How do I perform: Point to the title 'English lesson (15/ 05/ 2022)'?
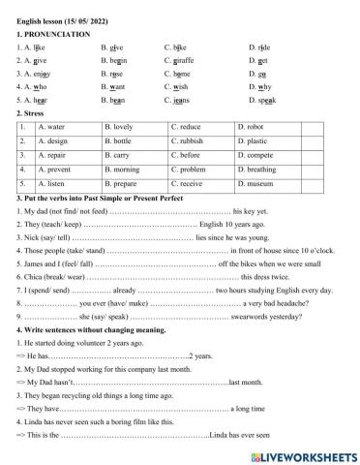coord(68,19)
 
